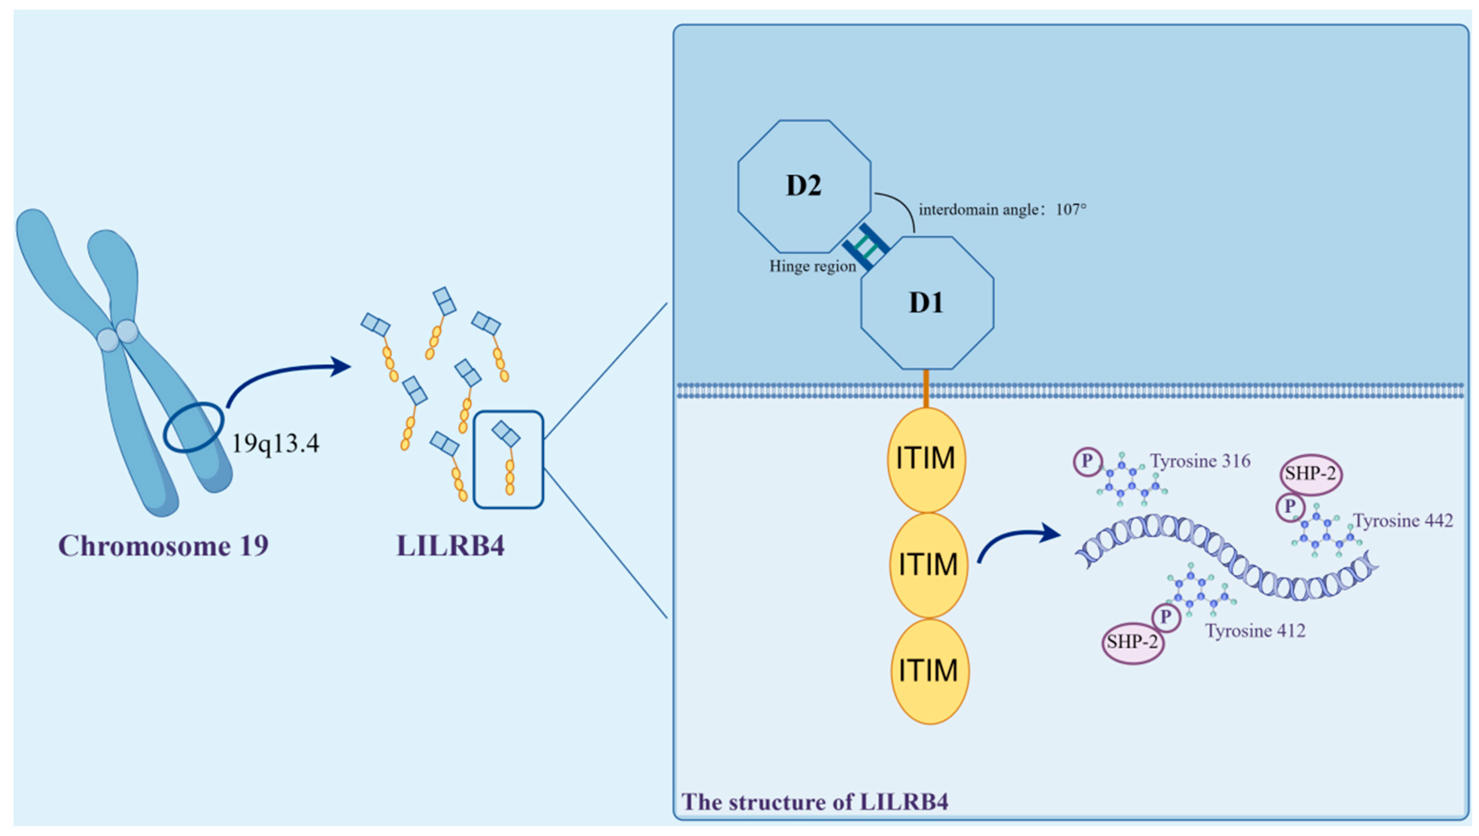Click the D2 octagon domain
pos(804,186)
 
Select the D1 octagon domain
pos(927,302)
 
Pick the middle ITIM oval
pos(928,565)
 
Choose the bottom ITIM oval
pos(929,671)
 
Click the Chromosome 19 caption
pos(164,545)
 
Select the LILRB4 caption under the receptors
pos(451,545)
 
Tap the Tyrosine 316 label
pos(1200,461)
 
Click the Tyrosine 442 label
pos(1403,521)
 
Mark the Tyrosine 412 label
pos(1255,631)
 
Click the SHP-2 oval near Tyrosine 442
pos(1311,474)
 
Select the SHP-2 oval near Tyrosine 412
pos(1132,642)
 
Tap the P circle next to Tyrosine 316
pos(1087,462)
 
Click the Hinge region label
pos(812,267)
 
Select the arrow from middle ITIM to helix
pos(1016,542)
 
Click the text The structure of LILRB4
pos(815,802)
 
